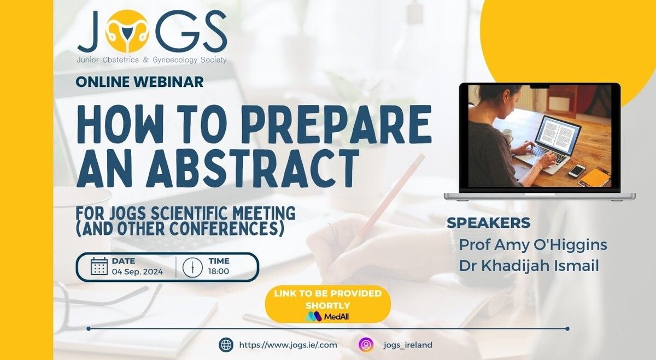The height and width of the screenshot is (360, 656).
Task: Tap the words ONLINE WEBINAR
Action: click(140, 81)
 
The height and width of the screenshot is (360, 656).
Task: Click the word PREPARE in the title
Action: click(336, 124)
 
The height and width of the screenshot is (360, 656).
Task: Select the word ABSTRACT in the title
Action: click(253, 169)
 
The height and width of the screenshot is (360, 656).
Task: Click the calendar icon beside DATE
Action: click(99, 267)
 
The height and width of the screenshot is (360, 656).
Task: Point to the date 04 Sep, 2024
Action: click(137, 272)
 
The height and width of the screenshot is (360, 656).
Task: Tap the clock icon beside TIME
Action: click(192, 267)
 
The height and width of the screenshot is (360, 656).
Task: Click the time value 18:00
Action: click(219, 272)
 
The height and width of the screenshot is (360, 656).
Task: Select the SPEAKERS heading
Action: click(489, 223)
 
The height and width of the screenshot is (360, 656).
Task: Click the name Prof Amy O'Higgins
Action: click(533, 245)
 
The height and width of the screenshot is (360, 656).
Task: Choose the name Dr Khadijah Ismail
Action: click(529, 266)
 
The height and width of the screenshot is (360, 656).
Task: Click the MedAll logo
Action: click(327, 316)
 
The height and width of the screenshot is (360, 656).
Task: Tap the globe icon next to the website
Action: click(226, 345)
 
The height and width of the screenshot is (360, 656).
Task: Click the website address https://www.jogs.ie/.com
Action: click(288, 345)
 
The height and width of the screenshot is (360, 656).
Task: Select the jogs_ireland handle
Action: click(408, 345)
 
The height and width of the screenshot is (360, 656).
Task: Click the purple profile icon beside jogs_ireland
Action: click(366, 345)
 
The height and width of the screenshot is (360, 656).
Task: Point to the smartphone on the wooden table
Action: click(577, 170)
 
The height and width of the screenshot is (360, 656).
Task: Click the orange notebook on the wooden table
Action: click(595, 177)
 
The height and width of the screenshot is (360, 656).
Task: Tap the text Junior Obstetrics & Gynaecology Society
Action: click(152, 60)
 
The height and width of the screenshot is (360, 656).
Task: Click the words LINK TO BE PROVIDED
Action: click(328, 293)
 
